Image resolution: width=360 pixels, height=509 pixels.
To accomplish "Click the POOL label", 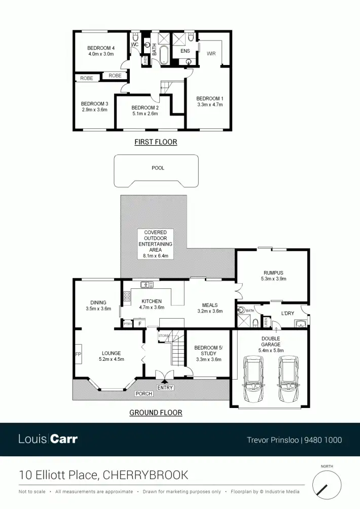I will click(x=158, y=168).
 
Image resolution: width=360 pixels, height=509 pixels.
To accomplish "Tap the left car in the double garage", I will click(x=253, y=379).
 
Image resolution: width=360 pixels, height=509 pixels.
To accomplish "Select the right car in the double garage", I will click(x=287, y=379).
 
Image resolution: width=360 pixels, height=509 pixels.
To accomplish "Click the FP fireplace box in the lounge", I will click(x=79, y=354).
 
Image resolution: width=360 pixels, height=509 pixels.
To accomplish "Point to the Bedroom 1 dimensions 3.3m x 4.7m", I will click(x=210, y=105).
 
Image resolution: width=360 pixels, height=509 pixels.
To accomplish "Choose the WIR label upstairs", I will click(x=211, y=52).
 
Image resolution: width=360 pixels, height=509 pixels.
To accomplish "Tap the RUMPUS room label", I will click(x=273, y=272).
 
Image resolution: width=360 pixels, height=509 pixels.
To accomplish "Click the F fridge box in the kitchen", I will click(x=139, y=323).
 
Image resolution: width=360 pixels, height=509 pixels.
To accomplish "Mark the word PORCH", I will click(x=143, y=394).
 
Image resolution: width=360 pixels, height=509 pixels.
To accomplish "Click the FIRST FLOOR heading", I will click(x=156, y=142).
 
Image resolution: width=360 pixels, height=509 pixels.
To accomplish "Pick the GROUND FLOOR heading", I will click(x=156, y=413).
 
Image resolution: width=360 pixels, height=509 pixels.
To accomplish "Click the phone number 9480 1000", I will click(x=323, y=440).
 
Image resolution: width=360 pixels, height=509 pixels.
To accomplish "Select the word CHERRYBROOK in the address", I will click(x=146, y=476).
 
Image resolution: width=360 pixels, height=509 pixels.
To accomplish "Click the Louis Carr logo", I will click(x=48, y=439).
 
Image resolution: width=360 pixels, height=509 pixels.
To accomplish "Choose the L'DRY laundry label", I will click(x=287, y=313).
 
